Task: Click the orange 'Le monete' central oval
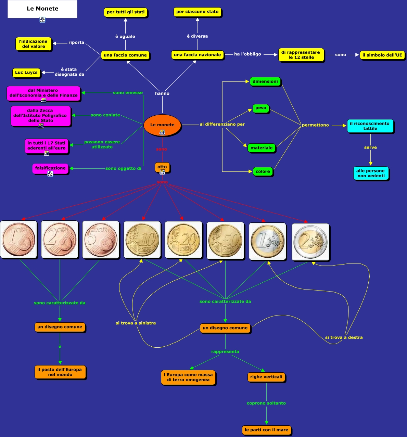[x=162, y=125]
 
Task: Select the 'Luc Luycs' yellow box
[x=26, y=73]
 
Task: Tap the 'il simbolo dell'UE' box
[x=382, y=55]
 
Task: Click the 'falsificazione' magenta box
[x=50, y=168]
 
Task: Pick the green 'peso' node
[x=260, y=108]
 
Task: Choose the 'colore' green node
[x=263, y=171]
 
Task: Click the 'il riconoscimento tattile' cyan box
[x=370, y=126]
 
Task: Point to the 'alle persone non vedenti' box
[x=370, y=173]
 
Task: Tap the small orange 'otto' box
[x=162, y=167]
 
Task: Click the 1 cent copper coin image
[x=18, y=239]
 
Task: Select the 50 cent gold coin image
[x=225, y=241]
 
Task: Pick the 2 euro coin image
[x=310, y=242]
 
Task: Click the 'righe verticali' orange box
[x=266, y=377]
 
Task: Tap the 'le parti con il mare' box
[x=266, y=430]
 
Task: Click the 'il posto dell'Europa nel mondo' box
[x=60, y=372]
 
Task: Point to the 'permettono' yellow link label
[x=315, y=125]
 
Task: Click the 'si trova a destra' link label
[x=344, y=337]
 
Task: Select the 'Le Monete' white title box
[x=42, y=9]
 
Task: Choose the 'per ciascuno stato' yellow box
[x=197, y=12]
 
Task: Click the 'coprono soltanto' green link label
[x=266, y=403]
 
